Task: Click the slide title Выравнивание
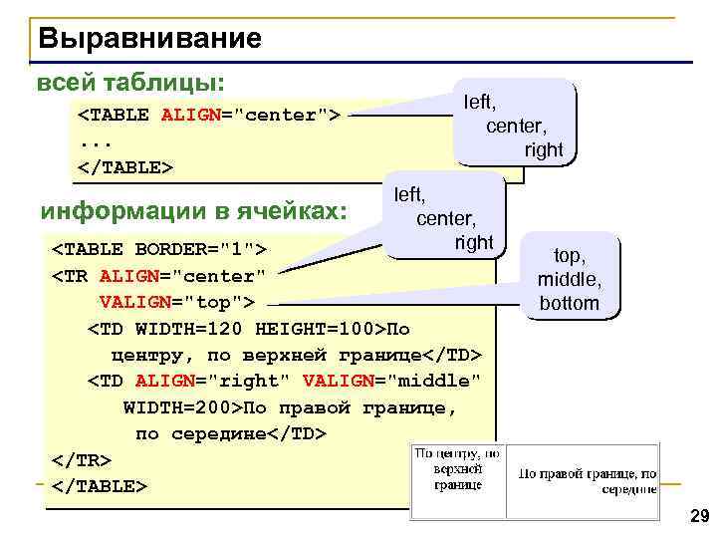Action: coord(150,39)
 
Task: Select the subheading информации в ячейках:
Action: coord(193,212)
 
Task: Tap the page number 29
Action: coord(698,516)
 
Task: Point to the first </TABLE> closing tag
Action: coord(125,166)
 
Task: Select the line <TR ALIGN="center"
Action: coord(158,275)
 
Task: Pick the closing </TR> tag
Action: coord(81,460)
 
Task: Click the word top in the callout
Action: coord(569,257)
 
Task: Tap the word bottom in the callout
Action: coord(569,303)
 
